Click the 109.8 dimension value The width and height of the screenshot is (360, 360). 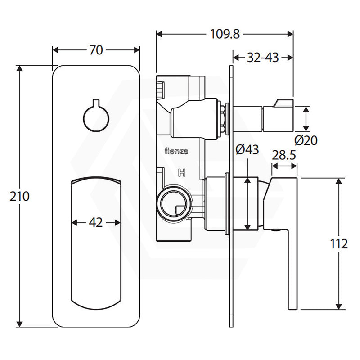[x=225, y=35]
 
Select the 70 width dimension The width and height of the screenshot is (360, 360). [x=96, y=50]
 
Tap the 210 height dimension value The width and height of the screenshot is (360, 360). [x=19, y=197]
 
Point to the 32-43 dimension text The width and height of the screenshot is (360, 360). [x=263, y=58]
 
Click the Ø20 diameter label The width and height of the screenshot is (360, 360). [x=306, y=140]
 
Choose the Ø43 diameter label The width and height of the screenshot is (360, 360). [x=247, y=149]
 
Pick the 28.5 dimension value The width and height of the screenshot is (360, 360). [x=284, y=155]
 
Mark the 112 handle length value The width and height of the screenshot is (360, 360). [x=339, y=244]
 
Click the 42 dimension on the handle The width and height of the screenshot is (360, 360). [x=96, y=222]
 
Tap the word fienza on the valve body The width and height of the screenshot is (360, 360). [x=176, y=151]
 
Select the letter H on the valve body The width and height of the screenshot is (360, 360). [x=182, y=173]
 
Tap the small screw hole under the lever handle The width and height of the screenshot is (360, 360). [x=275, y=229]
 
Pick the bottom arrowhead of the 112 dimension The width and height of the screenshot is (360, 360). [x=339, y=306]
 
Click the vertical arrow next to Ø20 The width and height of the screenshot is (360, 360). [x=306, y=119]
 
